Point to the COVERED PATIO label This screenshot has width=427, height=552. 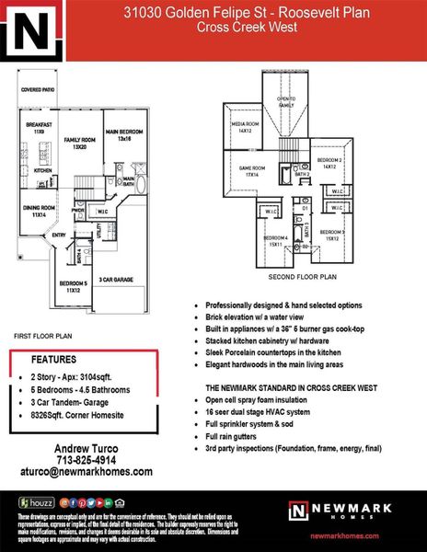(x=38, y=90)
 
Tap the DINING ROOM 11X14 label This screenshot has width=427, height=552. (x=38, y=211)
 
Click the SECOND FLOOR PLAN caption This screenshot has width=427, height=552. (x=302, y=276)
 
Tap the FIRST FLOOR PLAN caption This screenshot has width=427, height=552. (x=41, y=338)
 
